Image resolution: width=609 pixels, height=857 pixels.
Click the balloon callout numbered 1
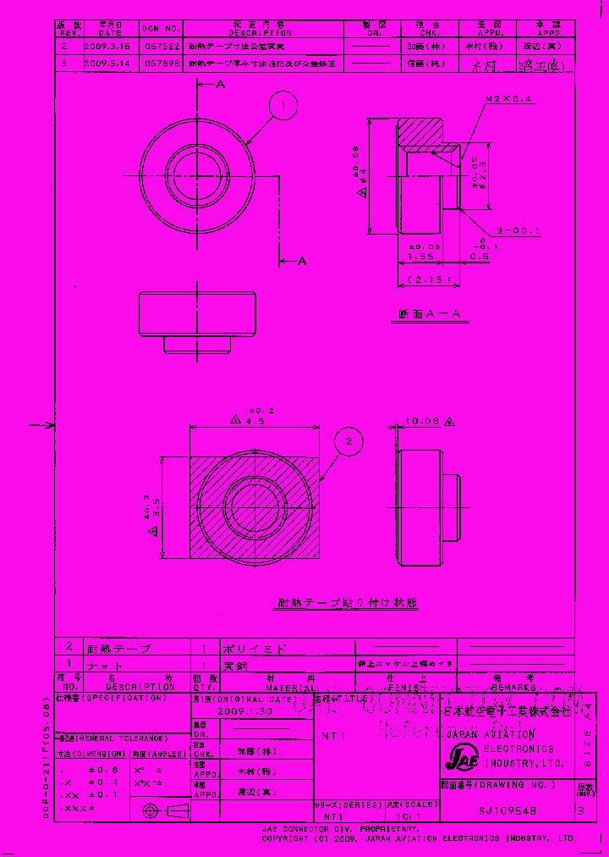coord(284,106)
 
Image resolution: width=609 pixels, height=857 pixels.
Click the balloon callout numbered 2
coord(349,441)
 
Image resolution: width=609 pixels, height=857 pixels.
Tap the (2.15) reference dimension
coord(429,279)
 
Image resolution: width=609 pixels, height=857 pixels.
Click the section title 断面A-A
coord(431,314)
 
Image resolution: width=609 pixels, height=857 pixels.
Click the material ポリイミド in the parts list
coord(253,649)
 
